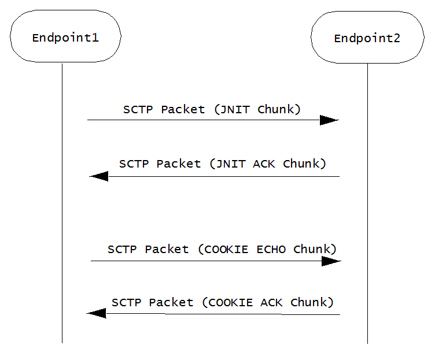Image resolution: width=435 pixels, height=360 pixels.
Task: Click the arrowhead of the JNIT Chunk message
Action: tap(329, 120)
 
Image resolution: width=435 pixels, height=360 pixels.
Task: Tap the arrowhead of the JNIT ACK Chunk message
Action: tap(99, 176)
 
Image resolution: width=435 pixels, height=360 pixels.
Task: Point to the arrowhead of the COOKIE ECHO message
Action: tap(331, 261)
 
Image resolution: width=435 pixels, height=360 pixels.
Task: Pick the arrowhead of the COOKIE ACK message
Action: tap(96, 313)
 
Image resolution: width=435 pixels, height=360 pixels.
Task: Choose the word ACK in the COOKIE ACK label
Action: tap(271, 302)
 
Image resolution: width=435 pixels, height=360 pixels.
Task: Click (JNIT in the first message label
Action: tap(232, 109)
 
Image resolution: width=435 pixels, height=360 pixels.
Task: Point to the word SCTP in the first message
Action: tap(139, 109)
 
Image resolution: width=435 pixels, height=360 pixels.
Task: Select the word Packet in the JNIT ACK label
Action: tap(179, 164)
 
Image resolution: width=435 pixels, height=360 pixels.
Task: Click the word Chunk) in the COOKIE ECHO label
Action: tap(315, 250)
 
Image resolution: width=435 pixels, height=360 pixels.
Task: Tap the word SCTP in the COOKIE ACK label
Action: tap(127, 302)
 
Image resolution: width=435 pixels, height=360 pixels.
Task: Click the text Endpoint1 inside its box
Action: tap(65, 38)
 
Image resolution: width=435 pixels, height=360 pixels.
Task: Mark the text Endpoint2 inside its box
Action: tap(367, 39)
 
